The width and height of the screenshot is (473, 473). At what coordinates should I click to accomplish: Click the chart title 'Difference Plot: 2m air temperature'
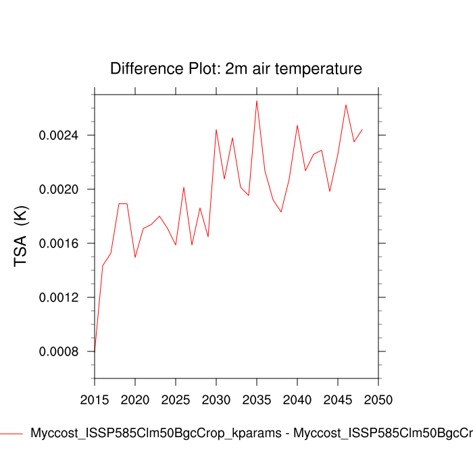236,68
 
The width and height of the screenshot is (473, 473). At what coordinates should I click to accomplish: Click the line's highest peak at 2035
257,101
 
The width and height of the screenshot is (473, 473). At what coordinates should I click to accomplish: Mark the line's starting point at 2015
95,352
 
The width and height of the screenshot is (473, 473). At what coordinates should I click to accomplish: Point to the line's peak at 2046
346,105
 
